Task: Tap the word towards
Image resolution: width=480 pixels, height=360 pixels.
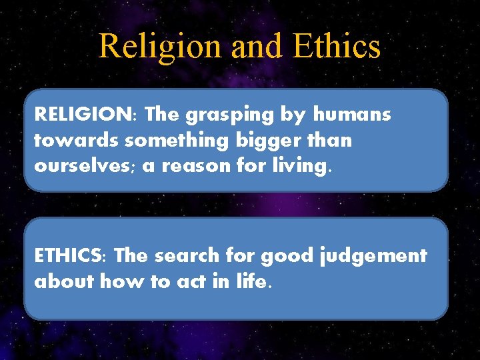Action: pyautogui.click(x=70, y=141)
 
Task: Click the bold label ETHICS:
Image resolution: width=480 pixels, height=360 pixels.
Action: pyautogui.click(x=71, y=255)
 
